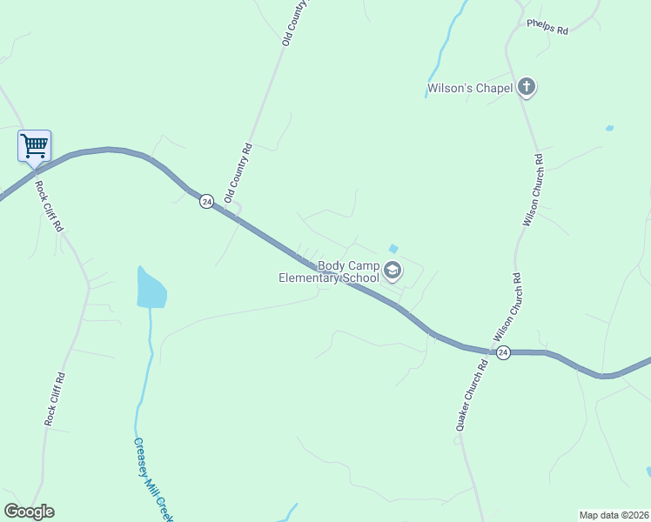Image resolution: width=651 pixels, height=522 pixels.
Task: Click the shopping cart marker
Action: (34, 145)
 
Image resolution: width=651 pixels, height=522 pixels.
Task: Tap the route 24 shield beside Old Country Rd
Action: (206, 201)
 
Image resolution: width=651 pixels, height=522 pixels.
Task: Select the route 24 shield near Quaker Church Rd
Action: (503, 352)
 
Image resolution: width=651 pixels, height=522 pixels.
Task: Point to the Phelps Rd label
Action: (547, 27)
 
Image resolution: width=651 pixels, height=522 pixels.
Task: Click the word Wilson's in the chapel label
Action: (449, 88)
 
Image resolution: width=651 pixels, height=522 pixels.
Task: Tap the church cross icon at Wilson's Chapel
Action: (527, 87)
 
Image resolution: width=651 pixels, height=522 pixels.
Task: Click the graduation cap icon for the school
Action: (393, 271)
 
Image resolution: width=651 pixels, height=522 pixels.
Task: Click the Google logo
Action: (29, 512)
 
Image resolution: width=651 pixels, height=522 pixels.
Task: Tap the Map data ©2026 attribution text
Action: (614, 514)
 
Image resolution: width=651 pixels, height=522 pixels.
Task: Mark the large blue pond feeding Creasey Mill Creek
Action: (151, 288)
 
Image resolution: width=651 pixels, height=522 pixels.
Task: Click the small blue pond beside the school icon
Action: (393, 249)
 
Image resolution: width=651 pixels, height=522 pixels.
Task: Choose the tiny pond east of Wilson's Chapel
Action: (609, 129)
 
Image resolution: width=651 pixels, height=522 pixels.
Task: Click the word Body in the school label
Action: (332, 265)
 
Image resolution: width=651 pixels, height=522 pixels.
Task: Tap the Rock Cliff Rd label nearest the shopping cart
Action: (49, 205)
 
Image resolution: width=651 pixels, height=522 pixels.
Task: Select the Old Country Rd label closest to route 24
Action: (238, 173)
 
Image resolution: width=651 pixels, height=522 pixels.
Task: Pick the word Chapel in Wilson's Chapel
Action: (493, 88)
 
